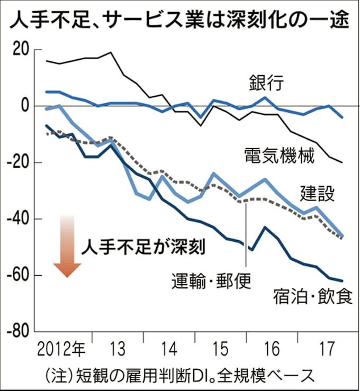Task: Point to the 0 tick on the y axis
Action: [24, 106]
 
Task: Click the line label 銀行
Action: [267, 84]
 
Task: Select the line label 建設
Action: [317, 194]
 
